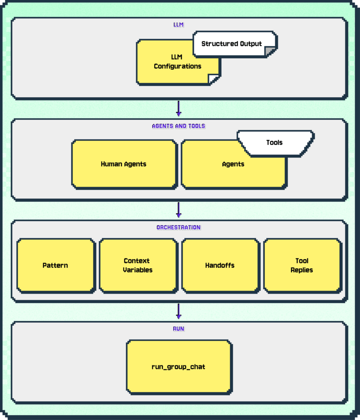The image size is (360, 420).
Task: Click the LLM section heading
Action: (178, 25)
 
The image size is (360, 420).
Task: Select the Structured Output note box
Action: (235, 44)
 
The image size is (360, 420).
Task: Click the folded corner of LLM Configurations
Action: (214, 79)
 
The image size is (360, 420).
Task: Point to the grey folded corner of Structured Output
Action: (270, 51)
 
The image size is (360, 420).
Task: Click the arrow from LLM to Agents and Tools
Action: (179, 108)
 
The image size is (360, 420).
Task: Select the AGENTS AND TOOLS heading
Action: (179, 126)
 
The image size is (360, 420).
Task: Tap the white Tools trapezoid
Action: (275, 143)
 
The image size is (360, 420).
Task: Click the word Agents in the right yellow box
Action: (233, 164)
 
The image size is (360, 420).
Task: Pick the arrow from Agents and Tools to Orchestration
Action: (179, 210)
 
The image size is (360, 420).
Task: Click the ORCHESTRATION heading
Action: (179, 227)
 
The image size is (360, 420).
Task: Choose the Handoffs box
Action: (221, 266)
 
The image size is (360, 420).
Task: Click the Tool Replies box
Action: (303, 266)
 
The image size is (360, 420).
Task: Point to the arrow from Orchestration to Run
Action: (179, 311)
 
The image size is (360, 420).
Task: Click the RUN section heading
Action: (179, 329)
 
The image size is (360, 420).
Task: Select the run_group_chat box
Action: (179, 367)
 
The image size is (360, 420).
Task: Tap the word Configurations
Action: (177, 66)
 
